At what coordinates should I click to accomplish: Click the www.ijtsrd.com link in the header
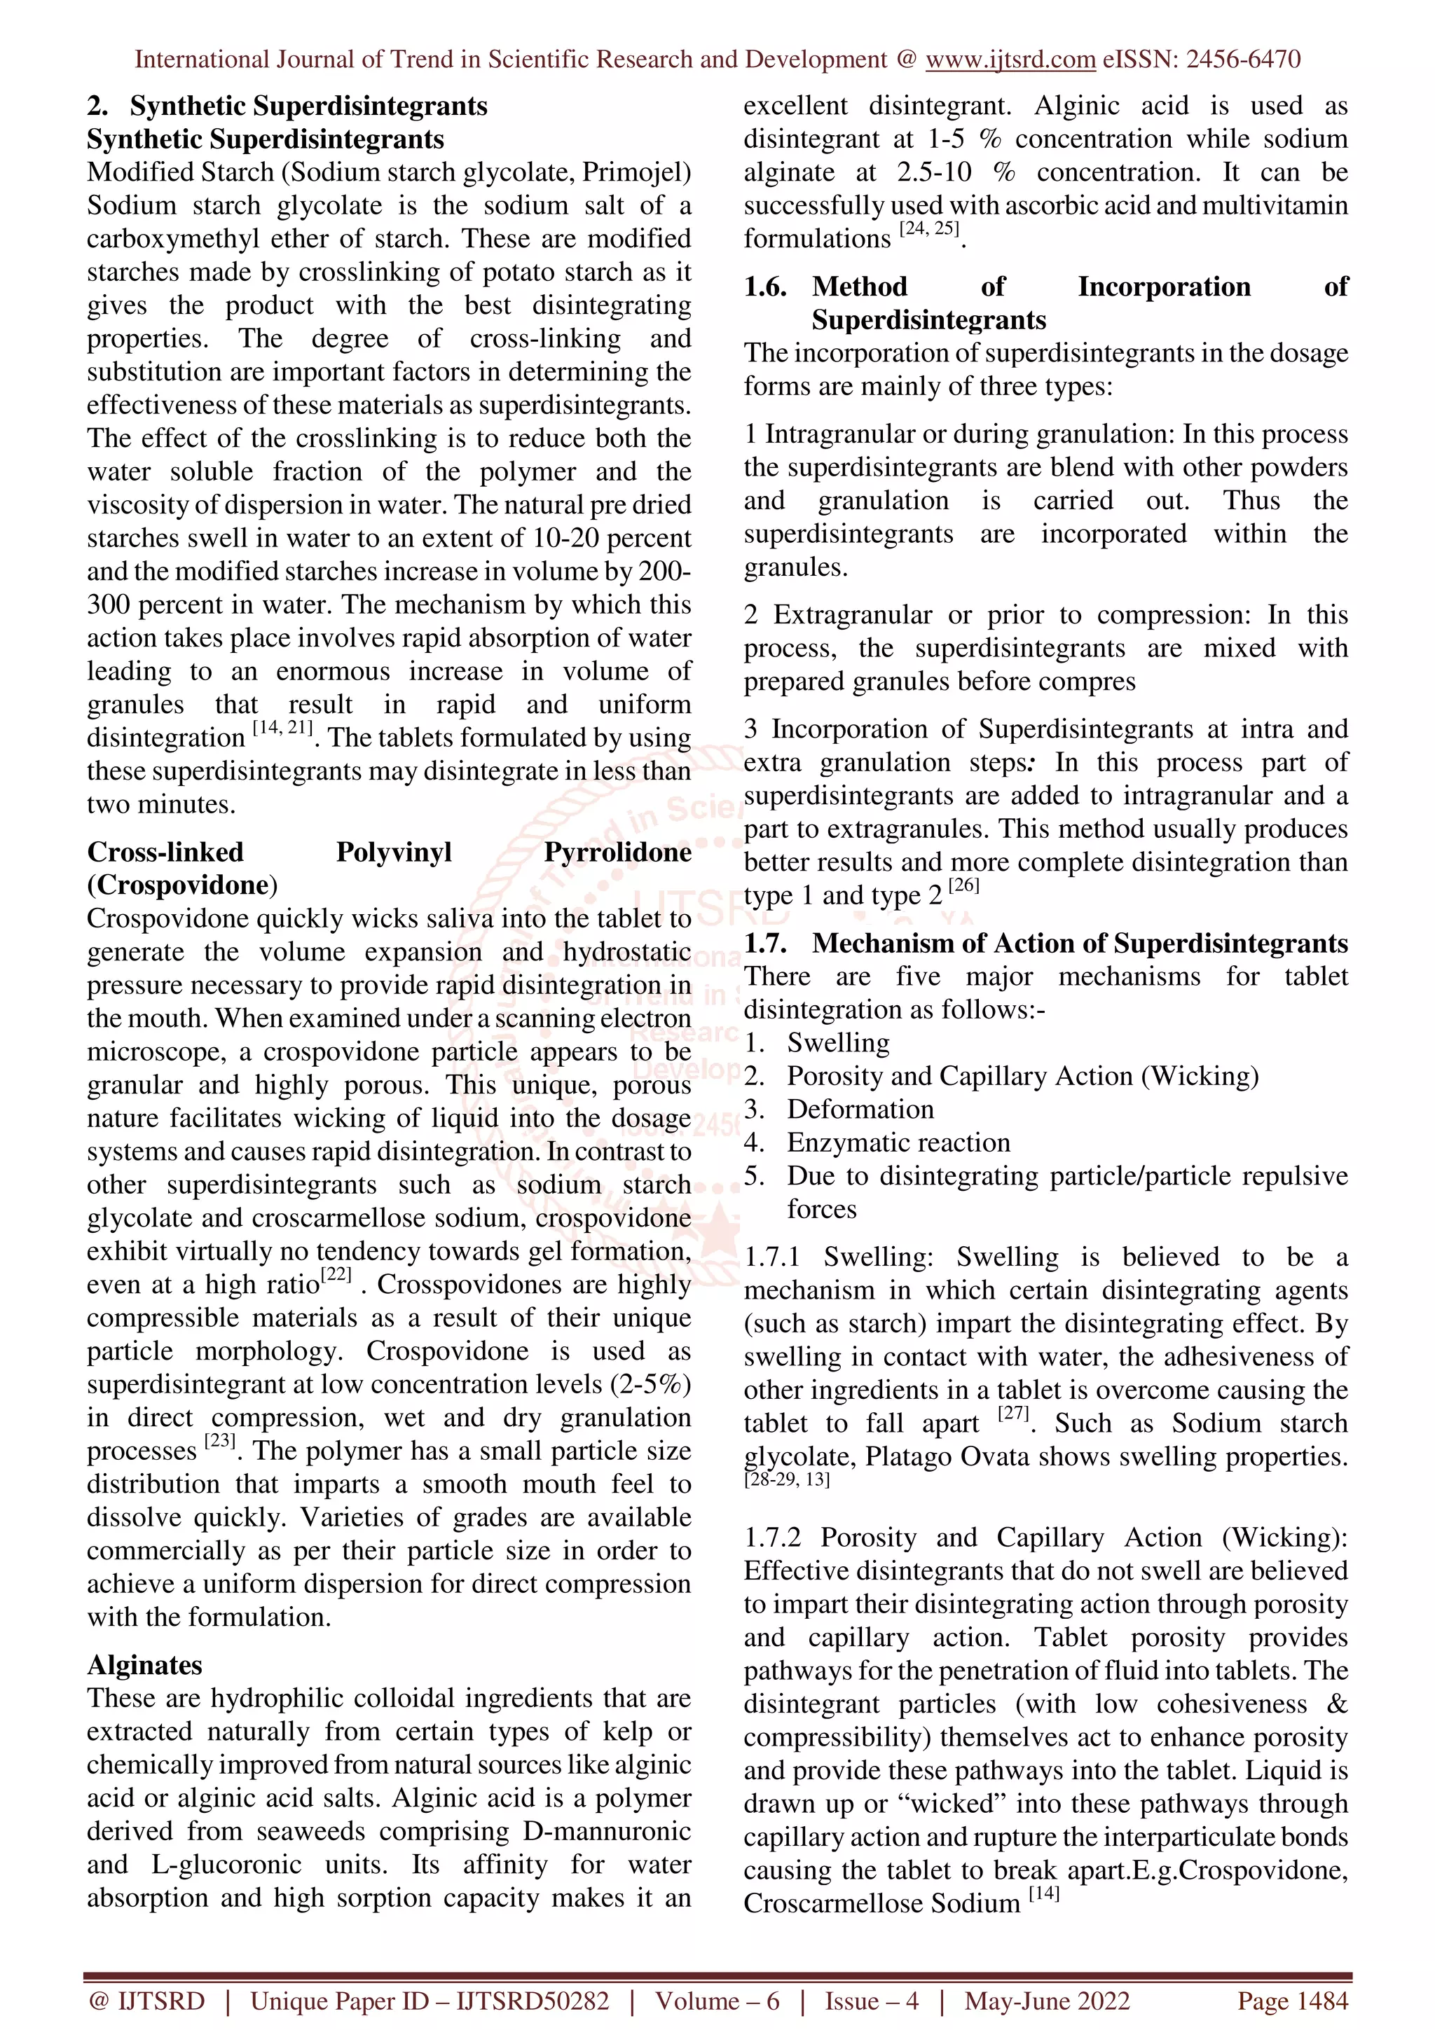coord(1010,60)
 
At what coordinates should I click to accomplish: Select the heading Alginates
coord(144,1665)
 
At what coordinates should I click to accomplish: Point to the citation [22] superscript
coord(336,1275)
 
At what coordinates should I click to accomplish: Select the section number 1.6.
coord(765,286)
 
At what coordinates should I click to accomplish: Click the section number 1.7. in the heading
coord(765,944)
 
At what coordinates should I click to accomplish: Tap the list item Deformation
coord(860,1110)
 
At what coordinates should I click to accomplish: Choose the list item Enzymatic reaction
coord(898,1142)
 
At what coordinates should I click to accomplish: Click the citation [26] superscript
coord(963,885)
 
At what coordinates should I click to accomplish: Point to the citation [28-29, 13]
coord(786,1480)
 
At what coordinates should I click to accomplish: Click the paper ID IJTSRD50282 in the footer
coord(533,2001)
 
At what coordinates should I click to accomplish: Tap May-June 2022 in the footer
coord(1047,2001)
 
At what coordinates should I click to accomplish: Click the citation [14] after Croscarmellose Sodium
coord(1043,1894)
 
